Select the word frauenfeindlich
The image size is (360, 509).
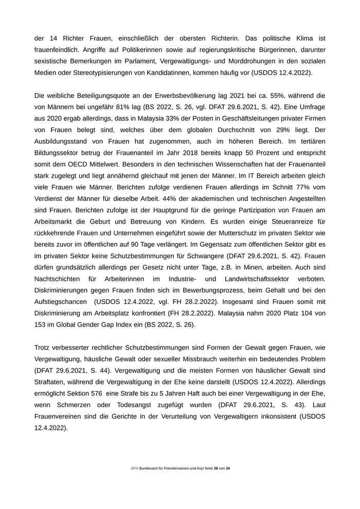pos(59,50)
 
